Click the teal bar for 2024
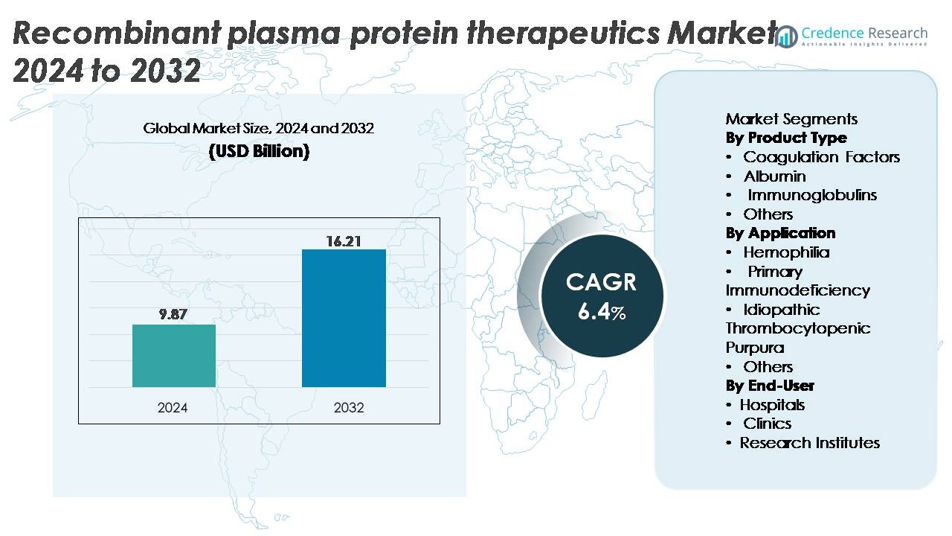coord(174,356)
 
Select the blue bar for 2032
coord(344,318)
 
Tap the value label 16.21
coord(344,241)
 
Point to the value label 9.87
coord(173,315)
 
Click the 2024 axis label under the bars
coord(173,408)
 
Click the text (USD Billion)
coord(258,151)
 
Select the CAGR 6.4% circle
coord(601,296)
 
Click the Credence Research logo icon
coord(786,35)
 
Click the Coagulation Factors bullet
coord(821,157)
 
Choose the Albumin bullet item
coord(774,176)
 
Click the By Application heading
coord(780,233)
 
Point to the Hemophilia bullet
coord(786,252)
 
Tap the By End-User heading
coord(770,386)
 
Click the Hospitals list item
coord(771,405)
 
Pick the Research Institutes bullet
coord(808,443)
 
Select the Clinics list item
coord(767,424)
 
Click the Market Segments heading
coord(791,119)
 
